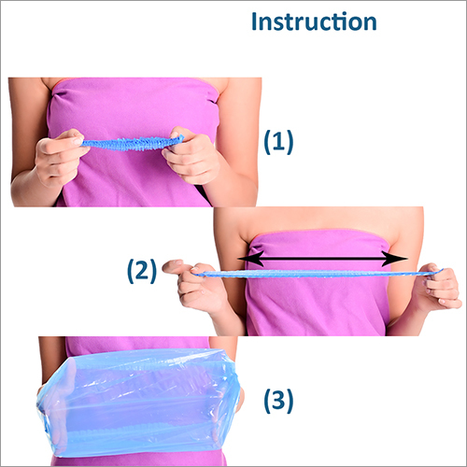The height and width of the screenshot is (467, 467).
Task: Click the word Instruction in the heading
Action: pos(314,21)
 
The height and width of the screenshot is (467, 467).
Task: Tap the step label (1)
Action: pos(278,142)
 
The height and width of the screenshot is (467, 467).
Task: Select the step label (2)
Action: pos(142,271)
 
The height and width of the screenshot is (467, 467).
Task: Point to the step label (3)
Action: pos(278,401)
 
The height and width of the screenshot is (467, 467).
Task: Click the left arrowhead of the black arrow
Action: pos(249,259)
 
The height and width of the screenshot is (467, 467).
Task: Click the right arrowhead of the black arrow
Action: pos(395,259)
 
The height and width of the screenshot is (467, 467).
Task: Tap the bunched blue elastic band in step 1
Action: pos(133,143)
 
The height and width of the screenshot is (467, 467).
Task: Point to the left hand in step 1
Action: pos(59,157)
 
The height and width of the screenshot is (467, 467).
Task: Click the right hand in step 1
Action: pos(191,156)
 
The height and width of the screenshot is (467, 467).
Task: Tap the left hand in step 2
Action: pos(196,285)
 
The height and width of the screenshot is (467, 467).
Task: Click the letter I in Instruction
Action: pos(254,21)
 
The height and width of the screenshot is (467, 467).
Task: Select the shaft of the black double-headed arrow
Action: pos(322,259)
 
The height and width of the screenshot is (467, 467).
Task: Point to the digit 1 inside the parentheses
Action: pos(278,141)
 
